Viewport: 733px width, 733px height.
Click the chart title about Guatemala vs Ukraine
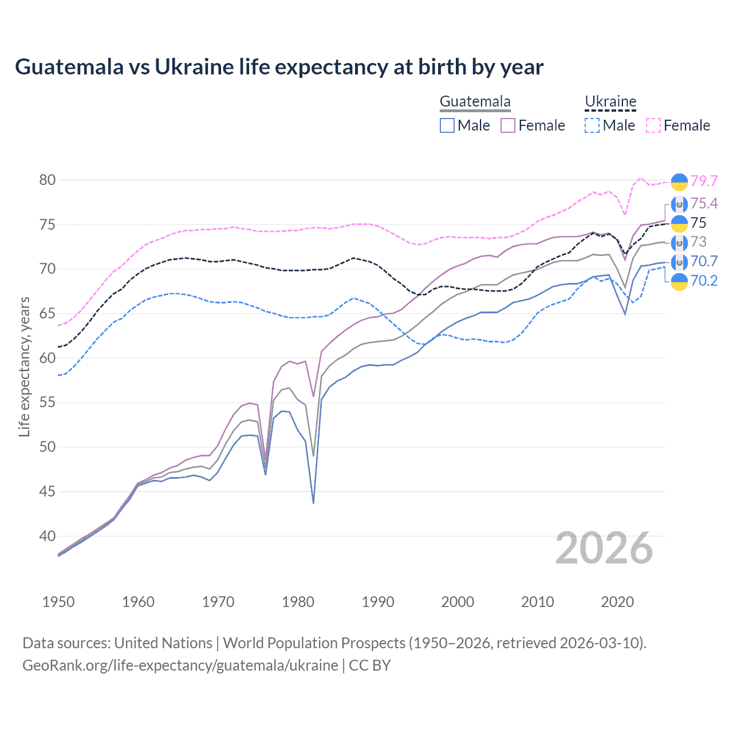tap(279, 67)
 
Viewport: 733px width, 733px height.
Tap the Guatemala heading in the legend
tap(475, 101)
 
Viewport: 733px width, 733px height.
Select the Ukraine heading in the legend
tap(610, 101)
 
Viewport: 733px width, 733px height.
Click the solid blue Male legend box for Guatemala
tap(447, 125)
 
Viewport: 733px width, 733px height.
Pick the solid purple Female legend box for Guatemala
tap(508, 125)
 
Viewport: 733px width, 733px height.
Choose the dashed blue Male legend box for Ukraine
tap(592, 125)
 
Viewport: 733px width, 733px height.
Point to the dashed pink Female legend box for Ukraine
tap(653, 125)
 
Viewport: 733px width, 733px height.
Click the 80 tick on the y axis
tap(48, 180)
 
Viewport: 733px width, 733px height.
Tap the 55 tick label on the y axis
tap(48, 403)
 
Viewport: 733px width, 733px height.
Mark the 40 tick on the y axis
tap(48, 536)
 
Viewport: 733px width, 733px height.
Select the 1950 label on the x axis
tap(58, 602)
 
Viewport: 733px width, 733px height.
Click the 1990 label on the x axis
tap(378, 602)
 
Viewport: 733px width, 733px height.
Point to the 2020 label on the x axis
tap(617, 602)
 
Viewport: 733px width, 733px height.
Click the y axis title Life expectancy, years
tap(24, 366)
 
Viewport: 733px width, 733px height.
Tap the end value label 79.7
tap(704, 181)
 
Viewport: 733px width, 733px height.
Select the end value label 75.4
tap(704, 203)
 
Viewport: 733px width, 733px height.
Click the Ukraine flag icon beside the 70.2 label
tap(679, 281)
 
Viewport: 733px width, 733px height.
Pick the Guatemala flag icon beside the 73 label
tap(679, 243)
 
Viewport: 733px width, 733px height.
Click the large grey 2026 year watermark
tap(604, 548)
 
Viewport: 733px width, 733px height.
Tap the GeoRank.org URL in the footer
tap(180, 665)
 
